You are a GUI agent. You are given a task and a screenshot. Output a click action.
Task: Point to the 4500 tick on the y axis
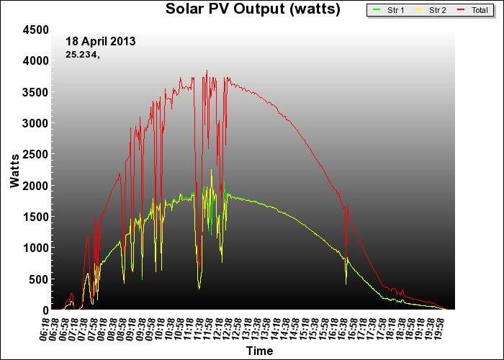(35, 30)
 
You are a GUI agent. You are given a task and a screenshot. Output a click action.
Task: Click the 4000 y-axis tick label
(35, 60)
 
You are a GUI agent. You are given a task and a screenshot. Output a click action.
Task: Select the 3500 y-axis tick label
(35, 92)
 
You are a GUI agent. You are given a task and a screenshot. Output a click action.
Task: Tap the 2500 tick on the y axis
(35, 154)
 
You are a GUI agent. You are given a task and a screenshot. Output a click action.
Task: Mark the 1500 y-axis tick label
(35, 217)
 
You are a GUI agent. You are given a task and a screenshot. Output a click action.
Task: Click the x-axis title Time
(259, 351)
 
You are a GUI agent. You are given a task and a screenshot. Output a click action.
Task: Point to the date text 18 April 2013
(100, 41)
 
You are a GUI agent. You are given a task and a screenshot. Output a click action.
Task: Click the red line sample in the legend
(460, 11)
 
